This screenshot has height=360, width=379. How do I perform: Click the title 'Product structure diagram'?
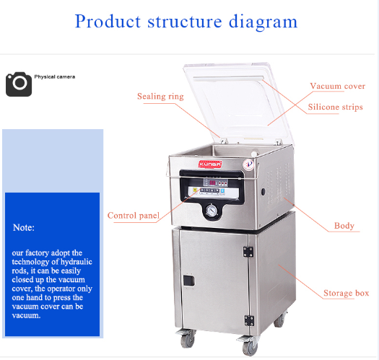[x=186, y=22]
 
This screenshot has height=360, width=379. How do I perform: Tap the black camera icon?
[x=19, y=84]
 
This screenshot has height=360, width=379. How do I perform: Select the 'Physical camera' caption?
[x=55, y=76]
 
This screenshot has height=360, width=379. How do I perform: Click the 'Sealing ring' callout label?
[x=160, y=96]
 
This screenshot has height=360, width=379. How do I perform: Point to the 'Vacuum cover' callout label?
[x=338, y=86]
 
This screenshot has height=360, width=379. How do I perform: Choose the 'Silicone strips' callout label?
[x=335, y=107]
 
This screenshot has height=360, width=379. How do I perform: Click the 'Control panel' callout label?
[x=134, y=215]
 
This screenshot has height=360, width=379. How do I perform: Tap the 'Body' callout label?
[x=344, y=226]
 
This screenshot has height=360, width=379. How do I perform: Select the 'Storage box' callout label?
[x=346, y=293]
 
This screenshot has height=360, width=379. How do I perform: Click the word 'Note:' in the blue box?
[x=24, y=227]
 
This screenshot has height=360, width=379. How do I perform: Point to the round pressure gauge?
[x=212, y=211]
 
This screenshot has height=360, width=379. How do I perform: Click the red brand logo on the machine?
[x=210, y=164]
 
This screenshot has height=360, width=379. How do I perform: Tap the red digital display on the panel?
[x=212, y=183]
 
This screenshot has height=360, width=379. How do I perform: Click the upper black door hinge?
[x=248, y=252]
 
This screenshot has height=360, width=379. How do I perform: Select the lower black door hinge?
[x=249, y=320]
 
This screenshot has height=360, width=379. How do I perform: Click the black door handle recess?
[x=188, y=281]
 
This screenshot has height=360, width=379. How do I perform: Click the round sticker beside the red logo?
[x=248, y=164]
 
